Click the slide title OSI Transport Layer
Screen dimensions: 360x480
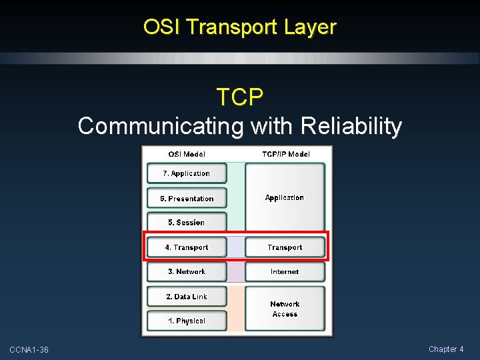(239, 27)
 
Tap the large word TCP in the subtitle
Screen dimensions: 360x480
(239, 97)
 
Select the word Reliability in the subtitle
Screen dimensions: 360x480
(351, 126)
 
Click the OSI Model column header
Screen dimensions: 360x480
(187, 154)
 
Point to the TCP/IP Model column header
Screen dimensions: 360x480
(285, 154)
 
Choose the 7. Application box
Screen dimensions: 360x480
(187, 173)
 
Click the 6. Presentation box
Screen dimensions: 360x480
(187, 199)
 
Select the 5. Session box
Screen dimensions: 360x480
(187, 223)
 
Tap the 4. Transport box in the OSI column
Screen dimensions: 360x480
(187, 247)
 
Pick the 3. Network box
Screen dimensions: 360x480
(187, 272)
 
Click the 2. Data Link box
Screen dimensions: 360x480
(187, 297)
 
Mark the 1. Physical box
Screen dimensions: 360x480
(187, 321)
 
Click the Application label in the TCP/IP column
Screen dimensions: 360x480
(285, 198)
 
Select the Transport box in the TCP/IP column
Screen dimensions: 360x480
(285, 247)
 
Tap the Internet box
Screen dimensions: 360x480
(285, 272)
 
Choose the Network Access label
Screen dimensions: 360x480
(285, 309)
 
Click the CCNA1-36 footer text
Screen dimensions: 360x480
(29, 350)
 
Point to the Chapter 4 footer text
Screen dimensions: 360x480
(446, 349)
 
